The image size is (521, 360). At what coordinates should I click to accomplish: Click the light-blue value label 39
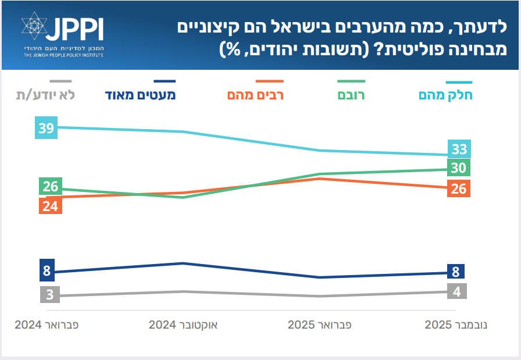[x=47, y=129]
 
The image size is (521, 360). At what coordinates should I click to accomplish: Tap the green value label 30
[x=459, y=168]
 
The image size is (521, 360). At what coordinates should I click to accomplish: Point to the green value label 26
[x=50, y=187]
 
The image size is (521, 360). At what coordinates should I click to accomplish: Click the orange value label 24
[x=50, y=206]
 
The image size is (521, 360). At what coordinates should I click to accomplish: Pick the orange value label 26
[x=459, y=188]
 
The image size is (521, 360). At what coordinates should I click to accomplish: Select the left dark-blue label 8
[x=47, y=270]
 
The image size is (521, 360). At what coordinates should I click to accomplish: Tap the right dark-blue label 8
[x=456, y=271]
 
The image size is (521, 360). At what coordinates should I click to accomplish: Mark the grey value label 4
[x=457, y=291]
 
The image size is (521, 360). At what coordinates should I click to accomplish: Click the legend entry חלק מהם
[x=446, y=95]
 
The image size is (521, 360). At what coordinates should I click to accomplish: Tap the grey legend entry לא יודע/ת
[x=46, y=95]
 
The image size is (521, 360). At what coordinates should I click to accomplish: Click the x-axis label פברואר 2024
[x=47, y=325]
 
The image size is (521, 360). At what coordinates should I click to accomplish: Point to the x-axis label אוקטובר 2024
[x=183, y=325]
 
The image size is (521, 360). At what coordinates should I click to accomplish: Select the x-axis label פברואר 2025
[x=320, y=325]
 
